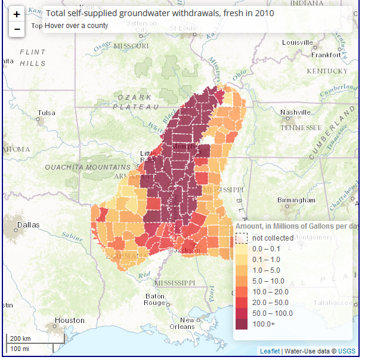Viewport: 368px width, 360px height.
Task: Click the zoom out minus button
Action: pos(17,29)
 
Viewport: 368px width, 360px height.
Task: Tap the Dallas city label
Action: pos(29,225)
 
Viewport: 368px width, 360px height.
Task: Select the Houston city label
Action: pos(69,320)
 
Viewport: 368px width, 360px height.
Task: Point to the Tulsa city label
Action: pos(46,113)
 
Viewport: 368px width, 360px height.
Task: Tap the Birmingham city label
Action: pos(296,200)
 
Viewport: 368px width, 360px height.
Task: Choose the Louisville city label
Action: pos(297,42)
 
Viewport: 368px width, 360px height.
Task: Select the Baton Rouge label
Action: pos(154,299)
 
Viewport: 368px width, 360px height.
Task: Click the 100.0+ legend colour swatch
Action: pos(241,324)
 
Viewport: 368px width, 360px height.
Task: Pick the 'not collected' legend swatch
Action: pos(241,238)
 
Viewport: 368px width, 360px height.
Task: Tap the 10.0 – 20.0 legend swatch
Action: pos(241,291)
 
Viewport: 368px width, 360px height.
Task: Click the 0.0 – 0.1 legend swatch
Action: pos(241,248)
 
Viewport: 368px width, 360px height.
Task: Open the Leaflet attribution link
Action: pos(269,351)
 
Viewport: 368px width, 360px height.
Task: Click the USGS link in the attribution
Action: pos(346,351)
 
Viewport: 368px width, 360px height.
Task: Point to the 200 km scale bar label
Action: pos(20,339)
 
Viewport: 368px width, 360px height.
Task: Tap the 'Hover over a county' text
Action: pos(77,26)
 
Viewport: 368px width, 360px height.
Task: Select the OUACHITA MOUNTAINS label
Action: pos(87,167)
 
